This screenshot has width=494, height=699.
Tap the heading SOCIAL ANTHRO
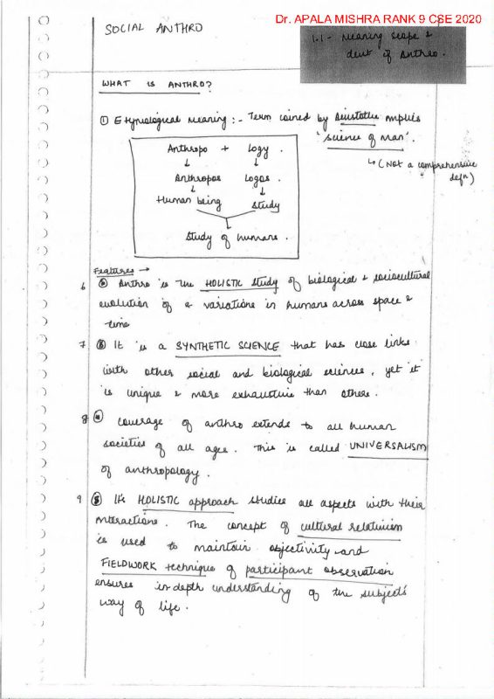[x=154, y=28]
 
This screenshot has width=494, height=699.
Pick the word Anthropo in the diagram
[x=188, y=150]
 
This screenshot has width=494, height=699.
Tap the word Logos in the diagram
[x=263, y=177]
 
